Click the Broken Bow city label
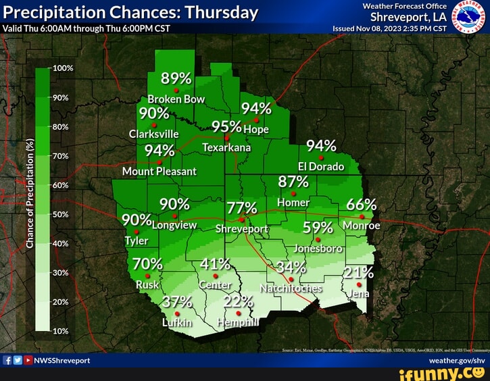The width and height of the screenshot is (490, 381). click(176, 99)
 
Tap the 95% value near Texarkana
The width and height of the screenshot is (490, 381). click(226, 126)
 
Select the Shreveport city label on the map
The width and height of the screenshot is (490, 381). click(241, 229)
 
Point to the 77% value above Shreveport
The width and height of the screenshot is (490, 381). click(241, 208)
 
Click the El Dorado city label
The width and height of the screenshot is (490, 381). click(322, 166)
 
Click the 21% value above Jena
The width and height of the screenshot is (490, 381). click(358, 272)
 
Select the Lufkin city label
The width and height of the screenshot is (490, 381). click(177, 323)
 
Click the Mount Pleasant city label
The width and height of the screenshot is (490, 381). click(159, 172)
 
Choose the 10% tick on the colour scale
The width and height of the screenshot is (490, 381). click(62, 331)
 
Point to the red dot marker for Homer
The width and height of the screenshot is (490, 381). click(293, 193)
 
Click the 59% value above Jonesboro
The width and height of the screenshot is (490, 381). click(318, 227)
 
